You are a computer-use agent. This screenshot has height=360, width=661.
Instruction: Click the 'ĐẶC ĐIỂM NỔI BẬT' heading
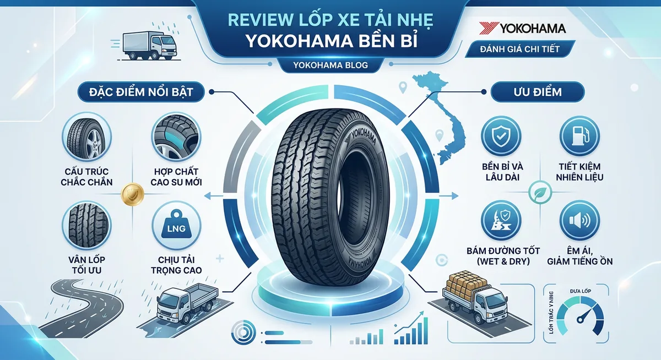click(x=140, y=91)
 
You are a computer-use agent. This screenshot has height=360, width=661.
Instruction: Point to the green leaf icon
click(x=537, y=192)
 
